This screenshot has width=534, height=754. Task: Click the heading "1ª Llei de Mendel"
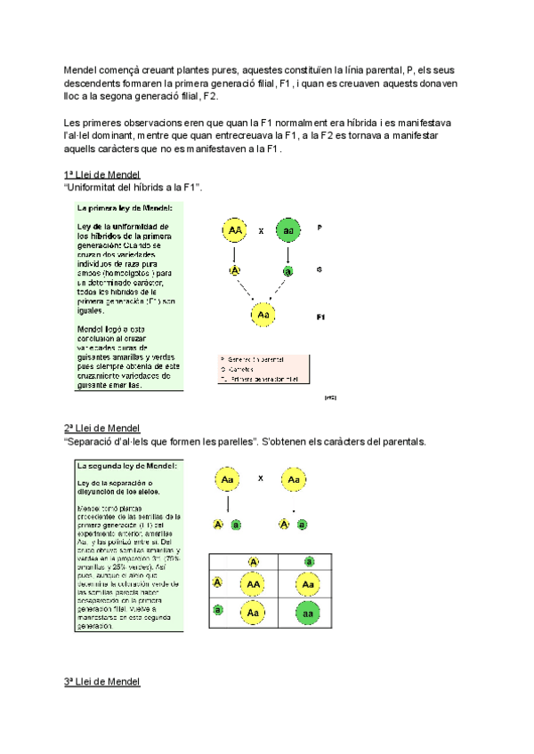point(102,174)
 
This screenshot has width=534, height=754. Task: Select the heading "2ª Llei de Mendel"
point(102,429)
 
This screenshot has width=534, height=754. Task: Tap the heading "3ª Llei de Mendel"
point(102,682)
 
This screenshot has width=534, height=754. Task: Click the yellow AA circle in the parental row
point(235,230)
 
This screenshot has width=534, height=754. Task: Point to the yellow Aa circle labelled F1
point(263,315)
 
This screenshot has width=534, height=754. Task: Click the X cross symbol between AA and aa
point(262,231)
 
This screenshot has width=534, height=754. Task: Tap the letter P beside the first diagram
point(320,228)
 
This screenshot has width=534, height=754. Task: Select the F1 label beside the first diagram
point(321,317)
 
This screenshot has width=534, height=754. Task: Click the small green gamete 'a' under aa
point(287,271)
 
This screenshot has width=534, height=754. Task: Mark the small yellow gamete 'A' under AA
point(235,271)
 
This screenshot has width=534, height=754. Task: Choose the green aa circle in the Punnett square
point(307,613)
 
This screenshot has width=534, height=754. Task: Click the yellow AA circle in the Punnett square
point(254,584)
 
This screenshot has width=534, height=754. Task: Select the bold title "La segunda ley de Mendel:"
point(127,465)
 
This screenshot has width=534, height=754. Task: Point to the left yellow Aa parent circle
point(228,479)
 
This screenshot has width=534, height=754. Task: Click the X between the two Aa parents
point(261,478)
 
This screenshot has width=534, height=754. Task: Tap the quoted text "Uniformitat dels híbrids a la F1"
point(134,188)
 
